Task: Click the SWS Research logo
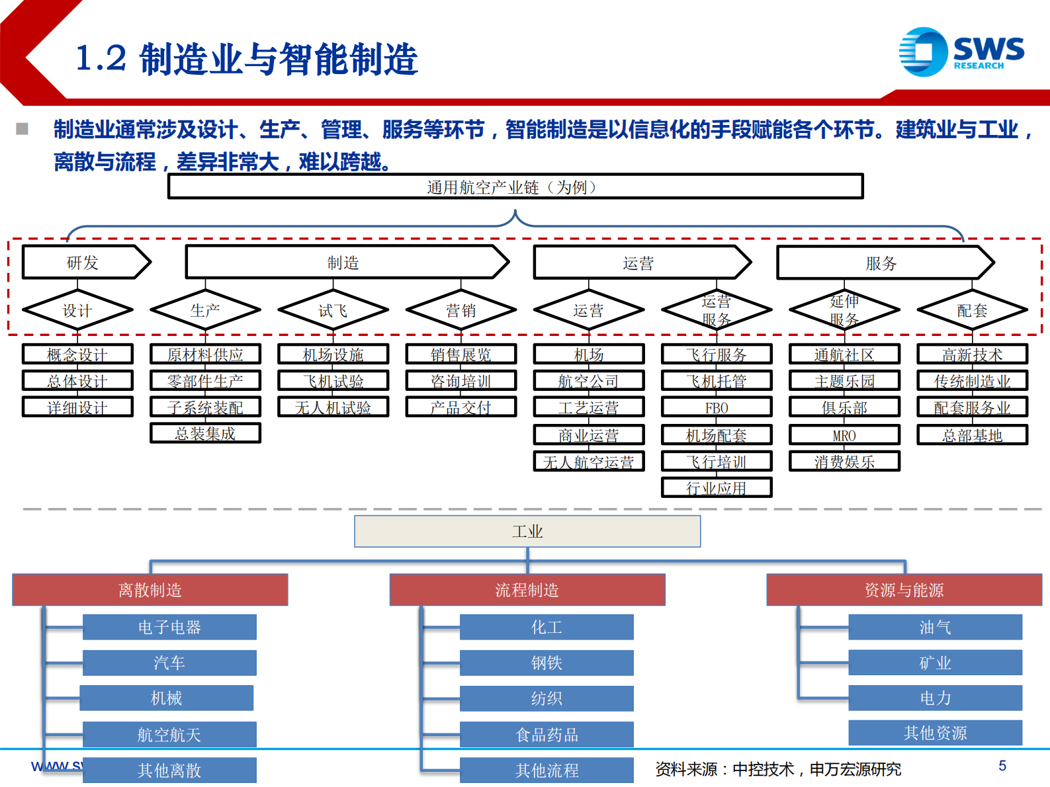click(961, 52)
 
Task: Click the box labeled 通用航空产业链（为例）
click(515, 187)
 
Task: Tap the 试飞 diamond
click(333, 310)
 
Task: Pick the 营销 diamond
click(460, 310)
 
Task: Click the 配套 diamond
click(972, 310)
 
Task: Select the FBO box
click(716, 407)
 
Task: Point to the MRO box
click(844, 435)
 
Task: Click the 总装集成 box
click(205, 433)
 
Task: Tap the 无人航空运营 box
click(588, 462)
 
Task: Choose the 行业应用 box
click(716, 488)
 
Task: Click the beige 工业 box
click(527, 531)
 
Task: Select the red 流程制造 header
click(527, 590)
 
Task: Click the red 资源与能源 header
click(904, 590)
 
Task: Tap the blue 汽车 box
click(169, 663)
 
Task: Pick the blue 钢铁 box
click(547, 663)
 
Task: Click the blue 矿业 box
click(935, 663)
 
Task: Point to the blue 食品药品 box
click(547, 734)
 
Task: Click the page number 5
click(1002, 766)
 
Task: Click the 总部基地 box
click(972, 435)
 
